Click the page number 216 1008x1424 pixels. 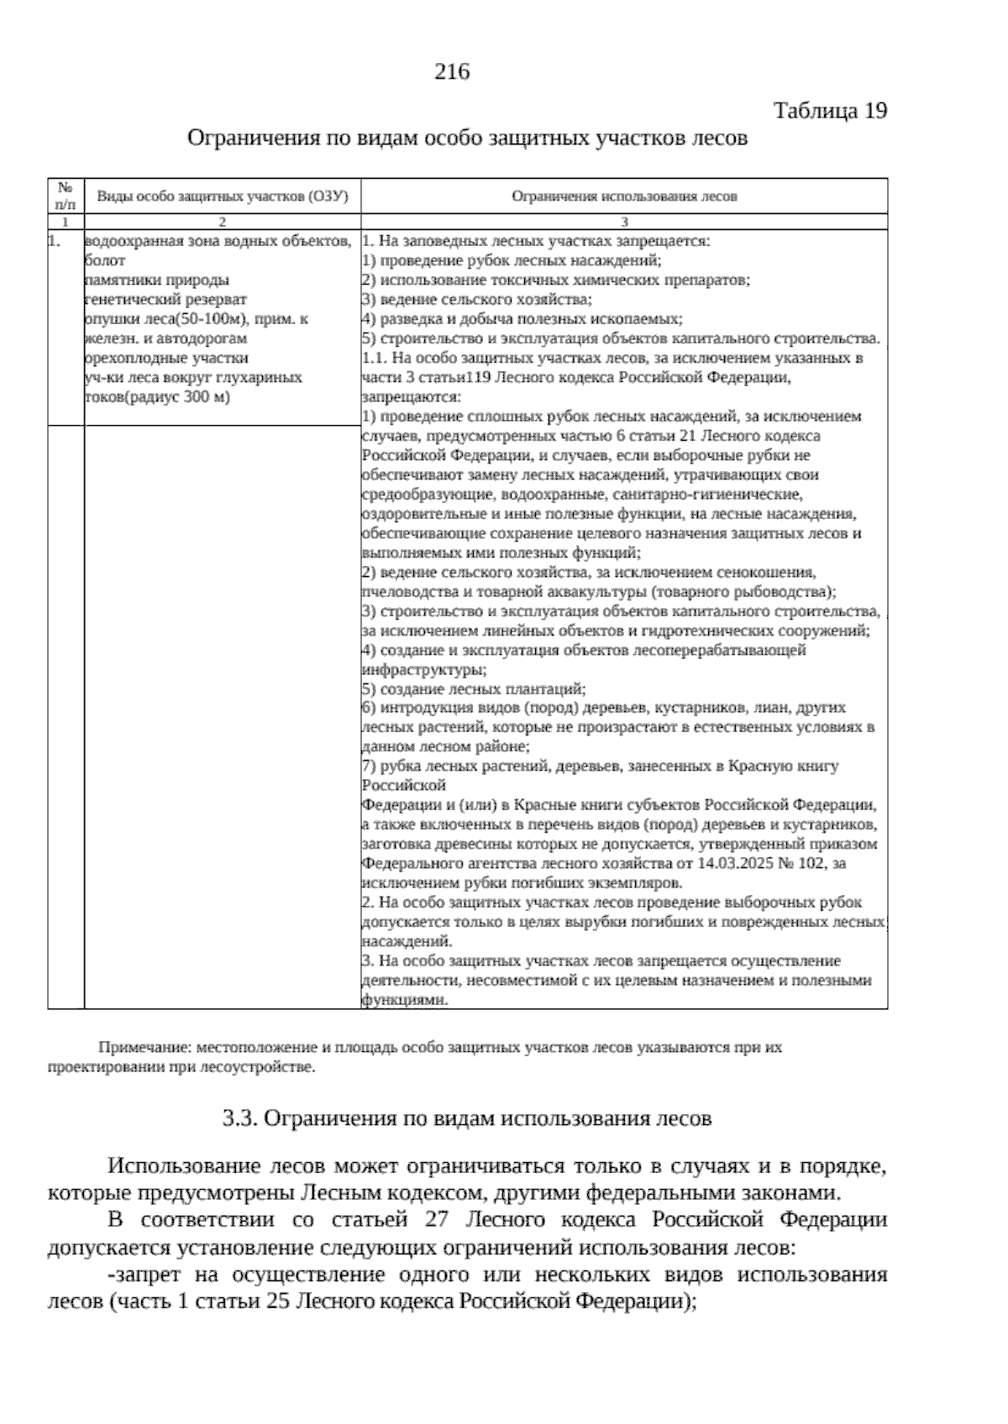pos(451,72)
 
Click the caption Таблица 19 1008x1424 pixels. pos(829,111)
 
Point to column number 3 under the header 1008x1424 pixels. pos(624,222)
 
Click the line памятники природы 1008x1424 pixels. pos(157,280)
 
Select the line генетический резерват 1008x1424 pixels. pos(166,300)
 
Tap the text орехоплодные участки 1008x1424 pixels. pos(161,359)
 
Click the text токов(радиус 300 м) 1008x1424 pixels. pos(157,397)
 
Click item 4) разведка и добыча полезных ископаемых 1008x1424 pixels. pos(522,319)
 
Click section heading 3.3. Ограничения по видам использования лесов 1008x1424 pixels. pos(467,1118)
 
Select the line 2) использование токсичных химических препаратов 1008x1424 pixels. pos(556,280)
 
